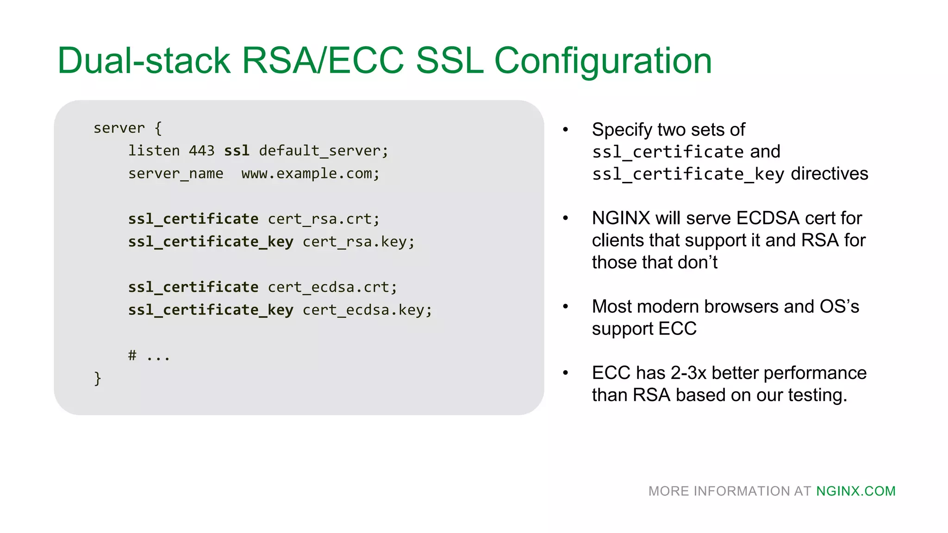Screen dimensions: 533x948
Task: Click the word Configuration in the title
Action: (603, 62)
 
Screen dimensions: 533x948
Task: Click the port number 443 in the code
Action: (201, 151)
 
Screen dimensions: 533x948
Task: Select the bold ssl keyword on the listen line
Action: (237, 151)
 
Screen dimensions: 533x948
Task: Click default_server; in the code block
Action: (324, 151)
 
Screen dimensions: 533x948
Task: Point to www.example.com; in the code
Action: (310, 174)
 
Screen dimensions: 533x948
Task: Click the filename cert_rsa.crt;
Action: (324, 219)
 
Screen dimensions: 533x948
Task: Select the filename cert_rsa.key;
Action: (358, 242)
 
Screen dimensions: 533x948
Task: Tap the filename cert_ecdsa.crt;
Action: (332, 287)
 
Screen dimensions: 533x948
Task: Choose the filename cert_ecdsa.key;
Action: (367, 310)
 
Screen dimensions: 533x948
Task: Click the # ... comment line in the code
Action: (149, 356)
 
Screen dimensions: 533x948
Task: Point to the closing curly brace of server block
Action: (97, 378)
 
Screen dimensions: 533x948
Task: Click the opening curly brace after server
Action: (158, 128)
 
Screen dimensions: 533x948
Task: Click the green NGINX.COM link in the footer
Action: (855, 491)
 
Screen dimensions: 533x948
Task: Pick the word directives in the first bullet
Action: (829, 174)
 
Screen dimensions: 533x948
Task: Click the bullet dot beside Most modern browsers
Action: (565, 307)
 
